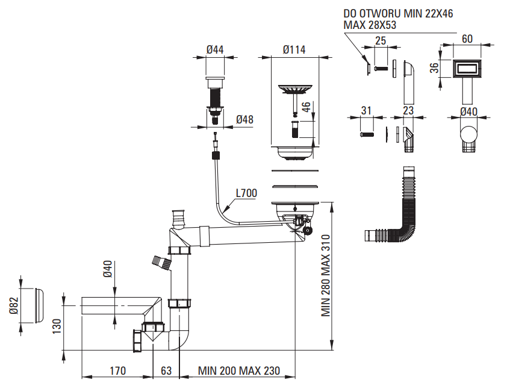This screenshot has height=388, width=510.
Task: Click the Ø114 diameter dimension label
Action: pos(294,49)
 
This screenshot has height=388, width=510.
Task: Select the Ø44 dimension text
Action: pos(214,49)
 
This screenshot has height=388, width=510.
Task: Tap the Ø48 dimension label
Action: pos(244,119)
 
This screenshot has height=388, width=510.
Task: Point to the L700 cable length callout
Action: pos(246,193)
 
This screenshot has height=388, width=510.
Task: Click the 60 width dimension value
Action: pos(467,39)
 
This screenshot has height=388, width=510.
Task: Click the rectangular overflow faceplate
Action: pos(467,68)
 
